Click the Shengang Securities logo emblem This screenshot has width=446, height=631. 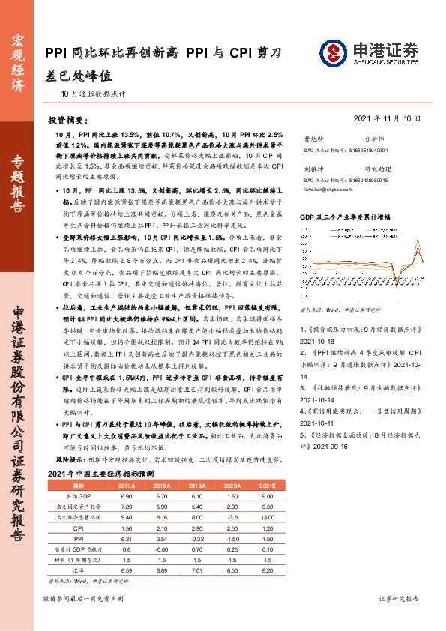click(x=331, y=52)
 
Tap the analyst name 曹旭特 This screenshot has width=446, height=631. click(x=313, y=139)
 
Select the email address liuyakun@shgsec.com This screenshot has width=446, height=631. click(x=325, y=190)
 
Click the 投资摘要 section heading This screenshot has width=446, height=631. click(x=67, y=120)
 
